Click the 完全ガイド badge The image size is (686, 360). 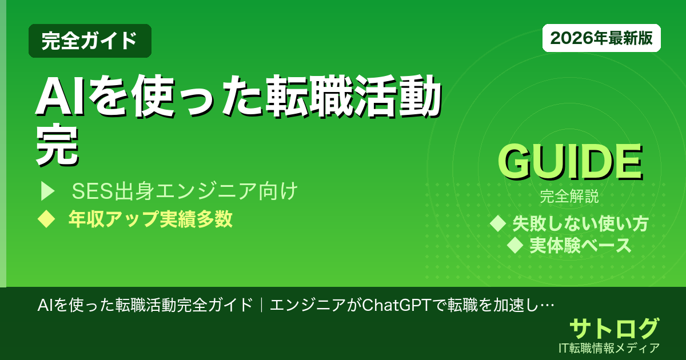point(90,41)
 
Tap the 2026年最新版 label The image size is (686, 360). point(601,38)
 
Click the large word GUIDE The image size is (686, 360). point(569,163)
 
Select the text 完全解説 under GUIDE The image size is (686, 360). point(569,198)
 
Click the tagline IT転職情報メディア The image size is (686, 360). point(611,347)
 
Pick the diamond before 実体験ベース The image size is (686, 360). point(516,246)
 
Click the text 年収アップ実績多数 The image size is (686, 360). point(150,219)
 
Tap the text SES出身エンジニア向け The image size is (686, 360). point(185,192)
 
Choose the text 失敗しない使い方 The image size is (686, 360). point(580,223)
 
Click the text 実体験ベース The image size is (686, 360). point(580,246)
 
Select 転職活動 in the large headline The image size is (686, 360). point(352,99)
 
